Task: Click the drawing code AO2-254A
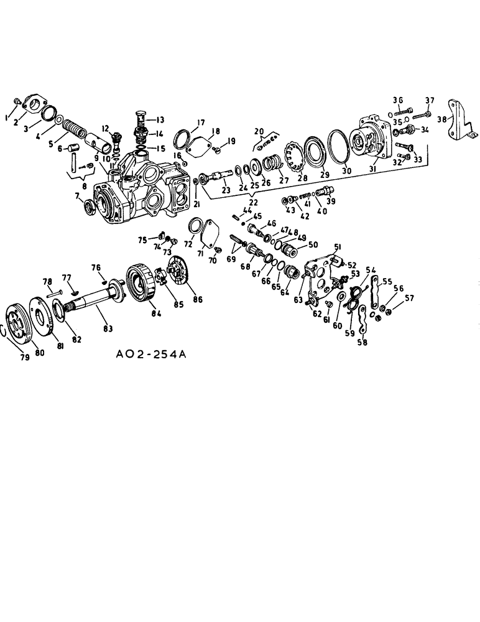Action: pyautogui.click(x=151, y=355)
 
